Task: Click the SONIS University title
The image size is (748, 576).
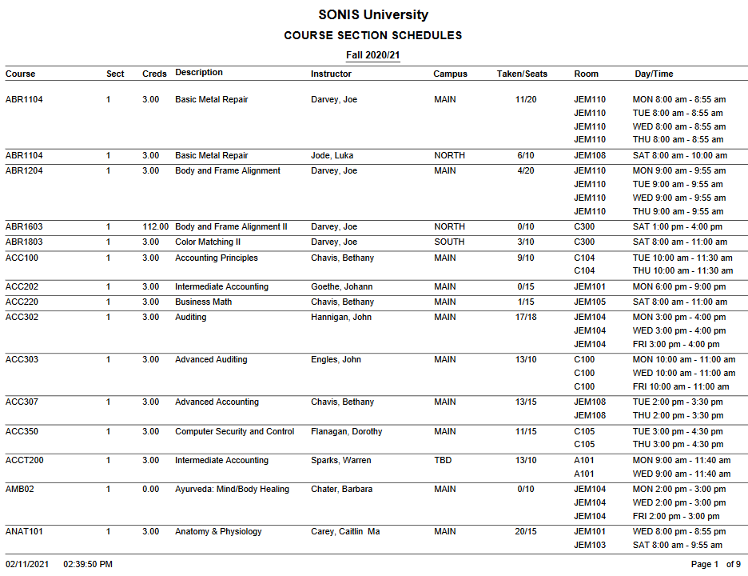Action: click(373, 14)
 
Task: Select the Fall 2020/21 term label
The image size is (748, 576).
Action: click(373, 55)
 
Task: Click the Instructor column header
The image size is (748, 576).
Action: click(331, 74)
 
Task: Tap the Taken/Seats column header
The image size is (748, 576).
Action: click(522, 74)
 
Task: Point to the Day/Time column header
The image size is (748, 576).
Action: click(654, 74)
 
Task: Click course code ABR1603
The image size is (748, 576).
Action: click(24, 226)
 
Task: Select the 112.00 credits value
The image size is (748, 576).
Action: click(155, 226)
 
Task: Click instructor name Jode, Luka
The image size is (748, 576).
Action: click(332, 155)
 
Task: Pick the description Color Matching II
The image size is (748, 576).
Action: click(209, 242)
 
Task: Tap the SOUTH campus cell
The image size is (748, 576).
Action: click(449, 242)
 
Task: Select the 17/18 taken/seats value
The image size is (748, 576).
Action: click(526, 317)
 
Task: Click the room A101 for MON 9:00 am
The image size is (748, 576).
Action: click(584, 460)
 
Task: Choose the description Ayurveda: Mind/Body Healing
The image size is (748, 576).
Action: click(232, 489)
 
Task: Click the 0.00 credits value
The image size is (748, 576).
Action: click(150, 489)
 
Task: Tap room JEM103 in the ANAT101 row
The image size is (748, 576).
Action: click(590, 545)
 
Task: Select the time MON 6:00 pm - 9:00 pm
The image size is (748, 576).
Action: click(679, 286)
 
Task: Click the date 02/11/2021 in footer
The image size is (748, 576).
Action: click(27, 564)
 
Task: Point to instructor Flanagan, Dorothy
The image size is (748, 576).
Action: click(346, 431)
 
